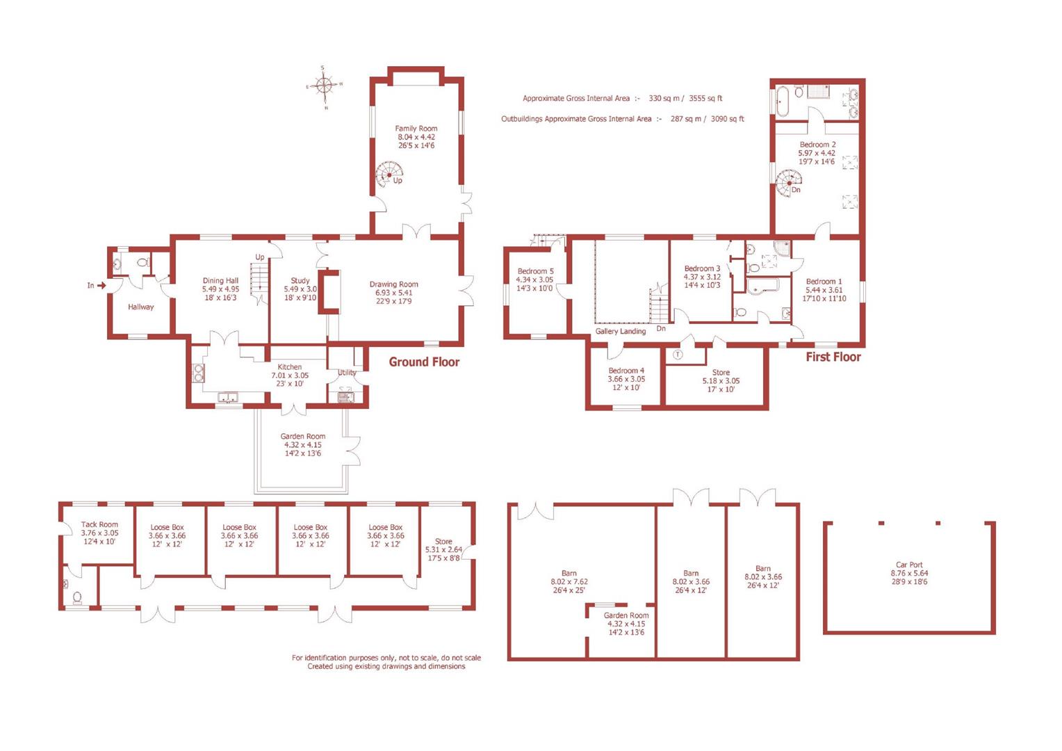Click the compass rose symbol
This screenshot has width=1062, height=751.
click(x=324, y=86)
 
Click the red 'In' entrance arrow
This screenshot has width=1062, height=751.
click(x=101, y=285)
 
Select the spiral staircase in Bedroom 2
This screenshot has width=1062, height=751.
click(x=787, y=183)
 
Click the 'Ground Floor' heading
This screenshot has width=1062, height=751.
click(x=424, y=362)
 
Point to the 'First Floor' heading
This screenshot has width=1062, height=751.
click(x=833, y=357)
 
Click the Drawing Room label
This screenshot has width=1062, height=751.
click(x=393, y=284)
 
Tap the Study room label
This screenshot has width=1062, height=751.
click(x=300, y=281)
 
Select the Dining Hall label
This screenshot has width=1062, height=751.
click(x=220, y=281)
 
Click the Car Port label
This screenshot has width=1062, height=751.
click(x=909, y=565)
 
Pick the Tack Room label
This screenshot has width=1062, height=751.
click(x=99, y=525)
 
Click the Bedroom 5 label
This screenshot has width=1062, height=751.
click(x=535, y=271)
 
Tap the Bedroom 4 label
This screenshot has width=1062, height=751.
click(x=626, y=371)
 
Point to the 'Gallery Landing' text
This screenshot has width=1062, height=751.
click(x=620, y=332)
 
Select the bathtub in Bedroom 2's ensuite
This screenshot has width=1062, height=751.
click(x=781, y=102)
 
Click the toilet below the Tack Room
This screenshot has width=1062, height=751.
click(x=76, y=597)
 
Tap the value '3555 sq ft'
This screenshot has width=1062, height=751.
click(x=705, y=99)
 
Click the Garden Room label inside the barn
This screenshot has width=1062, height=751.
click(x=626, y=615)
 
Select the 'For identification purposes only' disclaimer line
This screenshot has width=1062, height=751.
click(x=386, y=657)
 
